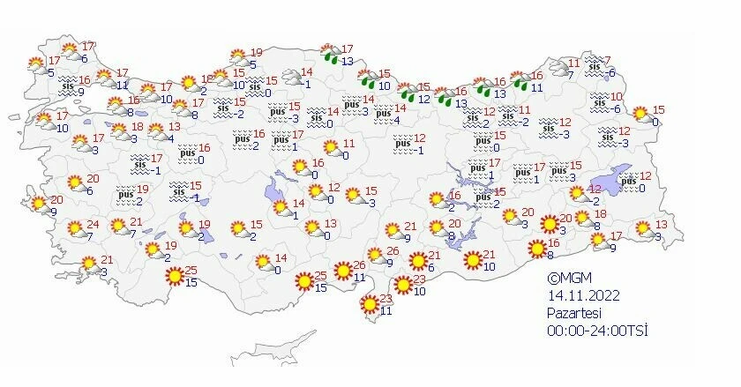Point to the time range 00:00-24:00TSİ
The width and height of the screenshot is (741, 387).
[595, 330]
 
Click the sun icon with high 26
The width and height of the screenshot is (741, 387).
[343, 271]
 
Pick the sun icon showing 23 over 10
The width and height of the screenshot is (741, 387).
[403, 285]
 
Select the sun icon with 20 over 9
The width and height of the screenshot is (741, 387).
[39, 205]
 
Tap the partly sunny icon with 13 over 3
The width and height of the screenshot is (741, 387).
[642, 229]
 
